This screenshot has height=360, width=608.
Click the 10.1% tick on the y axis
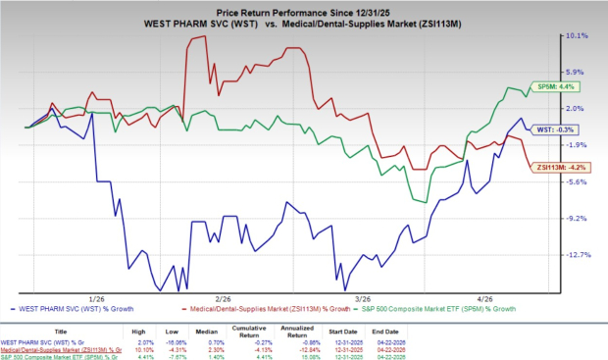tap(576, 35)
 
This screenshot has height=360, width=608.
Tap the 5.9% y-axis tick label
tap(577, 72)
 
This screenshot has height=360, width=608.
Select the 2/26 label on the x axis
tap(223, 298)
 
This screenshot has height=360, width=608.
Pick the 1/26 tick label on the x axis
tap(96, 298)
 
